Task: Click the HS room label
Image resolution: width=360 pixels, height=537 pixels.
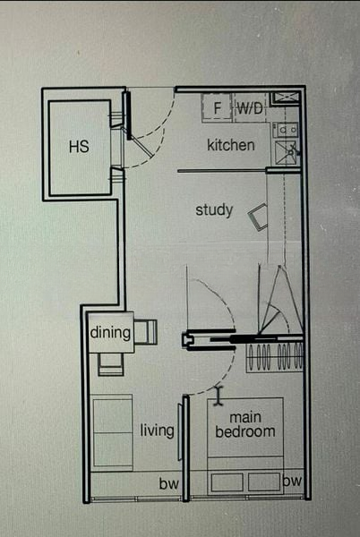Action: pos(79,147)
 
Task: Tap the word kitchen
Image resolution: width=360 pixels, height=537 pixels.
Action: pos(231,145)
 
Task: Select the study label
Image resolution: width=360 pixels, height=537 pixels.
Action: pos(214,209)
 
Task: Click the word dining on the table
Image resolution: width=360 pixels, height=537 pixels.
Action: pos(110,332)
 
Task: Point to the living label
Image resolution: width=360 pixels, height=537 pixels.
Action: pos(157,430)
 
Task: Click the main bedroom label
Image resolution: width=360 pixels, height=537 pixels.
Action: pos(245,424)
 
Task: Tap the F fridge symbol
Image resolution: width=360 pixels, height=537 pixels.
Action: pos(218,108)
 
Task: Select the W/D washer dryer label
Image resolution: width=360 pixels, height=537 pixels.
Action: pos(250,108)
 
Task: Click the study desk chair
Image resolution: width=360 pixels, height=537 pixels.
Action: pos(258,217)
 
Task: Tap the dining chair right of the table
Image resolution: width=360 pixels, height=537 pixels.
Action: pos(145,332)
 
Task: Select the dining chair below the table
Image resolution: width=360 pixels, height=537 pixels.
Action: pos(111,364)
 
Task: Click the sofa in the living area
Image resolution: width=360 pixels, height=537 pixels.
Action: pos(112,432)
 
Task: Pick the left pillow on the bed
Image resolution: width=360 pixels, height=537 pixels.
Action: pos(227,482)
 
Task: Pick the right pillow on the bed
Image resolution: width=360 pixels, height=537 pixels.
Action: pos(264,482)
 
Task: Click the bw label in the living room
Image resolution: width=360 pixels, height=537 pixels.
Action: pos(168,483)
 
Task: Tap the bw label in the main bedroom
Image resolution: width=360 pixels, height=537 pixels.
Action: pos(292,481)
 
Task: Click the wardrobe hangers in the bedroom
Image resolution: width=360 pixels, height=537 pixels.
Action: pos(275,357)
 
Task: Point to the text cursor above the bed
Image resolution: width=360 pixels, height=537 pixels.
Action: pos(219,396)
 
